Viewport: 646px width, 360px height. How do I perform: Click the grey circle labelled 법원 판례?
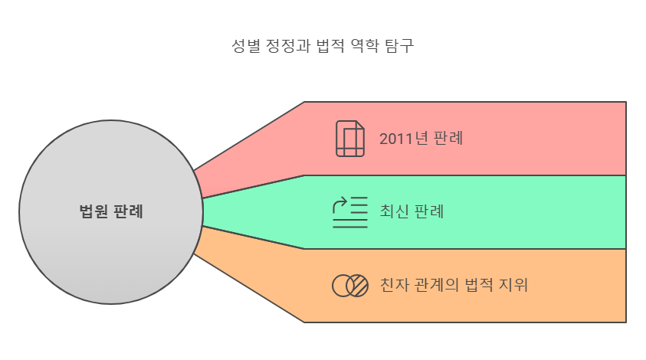tap(111, 253)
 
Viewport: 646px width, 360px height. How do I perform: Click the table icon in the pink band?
tap(349, 139)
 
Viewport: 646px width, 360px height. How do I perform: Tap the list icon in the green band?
tap(349, 212)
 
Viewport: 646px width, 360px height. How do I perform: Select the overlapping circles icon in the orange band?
tap(349, 286)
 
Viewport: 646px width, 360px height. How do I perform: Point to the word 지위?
tap(513, 286)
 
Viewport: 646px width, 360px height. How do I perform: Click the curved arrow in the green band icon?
tap(339, 204)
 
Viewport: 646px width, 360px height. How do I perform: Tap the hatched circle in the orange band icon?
tap(357, 286)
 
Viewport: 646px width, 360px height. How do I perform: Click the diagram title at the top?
tap(323, 44)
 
